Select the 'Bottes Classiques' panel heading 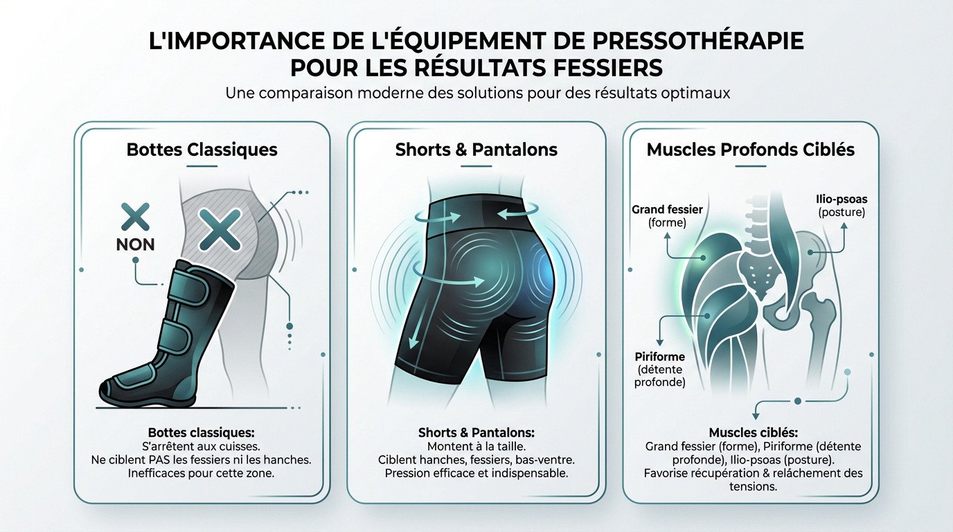202,150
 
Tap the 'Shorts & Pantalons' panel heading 476,150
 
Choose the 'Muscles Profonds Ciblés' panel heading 751,150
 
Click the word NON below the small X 136,245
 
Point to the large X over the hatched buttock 220,229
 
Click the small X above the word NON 136,217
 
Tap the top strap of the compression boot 183,295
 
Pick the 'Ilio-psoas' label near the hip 841,199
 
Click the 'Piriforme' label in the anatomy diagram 659,357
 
